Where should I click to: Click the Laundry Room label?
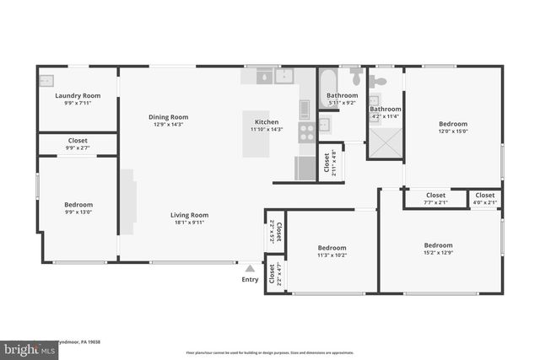coord(78,95)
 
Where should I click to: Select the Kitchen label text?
coord(267,123)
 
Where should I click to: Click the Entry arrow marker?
coord(250,268)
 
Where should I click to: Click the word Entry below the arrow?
coord(250,279)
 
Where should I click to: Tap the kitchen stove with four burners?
coord(305,132)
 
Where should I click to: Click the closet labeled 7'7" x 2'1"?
coord(435,198)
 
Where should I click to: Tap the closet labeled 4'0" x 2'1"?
coord(484,198)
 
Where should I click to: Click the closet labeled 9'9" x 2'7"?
coord(78,143)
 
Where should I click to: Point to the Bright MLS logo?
coord(26,347)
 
